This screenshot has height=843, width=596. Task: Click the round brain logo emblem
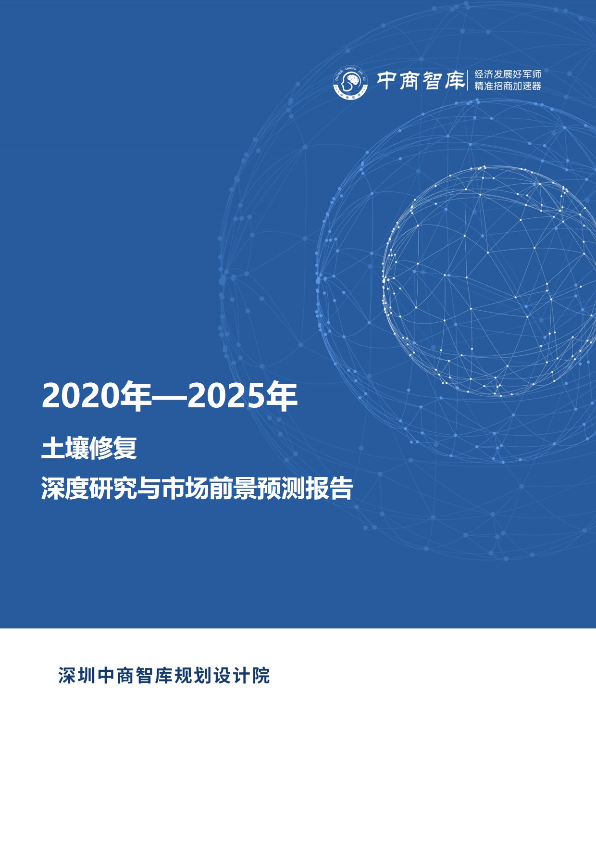[x=350, y=82]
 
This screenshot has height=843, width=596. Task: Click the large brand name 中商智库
[x=420, y=80]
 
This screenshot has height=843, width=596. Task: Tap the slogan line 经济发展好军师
[x=508, y=74]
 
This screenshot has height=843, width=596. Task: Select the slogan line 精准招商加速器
[x=508, y=86]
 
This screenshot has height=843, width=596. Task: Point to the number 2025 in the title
[x=225, y=396]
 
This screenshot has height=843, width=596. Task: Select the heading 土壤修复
[x=89, y=448]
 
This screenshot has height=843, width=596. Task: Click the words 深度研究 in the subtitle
[x=89, y=489]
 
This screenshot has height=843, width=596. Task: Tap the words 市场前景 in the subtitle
[x=209, y=489]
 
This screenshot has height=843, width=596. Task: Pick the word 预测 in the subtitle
[x=281, y=489]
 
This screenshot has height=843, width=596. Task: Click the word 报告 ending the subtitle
[x=329, y=489]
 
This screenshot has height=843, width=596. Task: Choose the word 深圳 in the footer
[x=77, y=676]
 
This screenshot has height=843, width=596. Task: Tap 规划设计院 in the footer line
[x=222, y=676]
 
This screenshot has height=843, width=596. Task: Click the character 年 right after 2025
[x=281, y=396]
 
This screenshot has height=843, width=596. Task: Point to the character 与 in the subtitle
[x=149, y=489]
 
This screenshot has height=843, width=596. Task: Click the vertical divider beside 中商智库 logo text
[x=468, y=80]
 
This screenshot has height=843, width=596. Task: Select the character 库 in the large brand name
[x=454, y=80]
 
